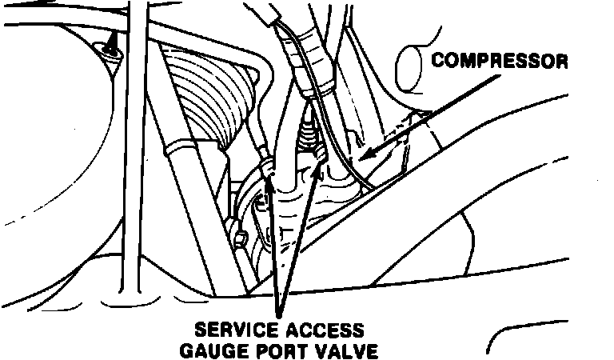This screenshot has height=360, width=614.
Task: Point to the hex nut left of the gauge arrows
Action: coord(239,238)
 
